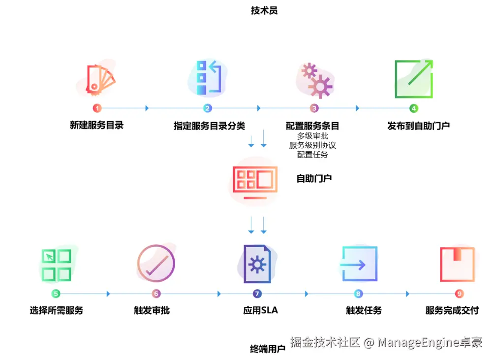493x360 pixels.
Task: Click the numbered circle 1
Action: tap(97, 108)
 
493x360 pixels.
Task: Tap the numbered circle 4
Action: tap(414, 108)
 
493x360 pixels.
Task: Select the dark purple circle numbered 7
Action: tap(257, 294)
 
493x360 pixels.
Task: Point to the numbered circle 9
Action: tap(460, 294)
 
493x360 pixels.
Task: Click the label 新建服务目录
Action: tap(97, 125)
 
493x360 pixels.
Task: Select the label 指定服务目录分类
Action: tap(209, 126)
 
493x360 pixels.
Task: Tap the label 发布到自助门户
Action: tap(418, 126)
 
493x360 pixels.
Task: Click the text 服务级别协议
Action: tap(312, 145)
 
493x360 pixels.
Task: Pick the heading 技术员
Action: tap(264, 10)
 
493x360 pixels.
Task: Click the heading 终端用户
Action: tap(268, 349)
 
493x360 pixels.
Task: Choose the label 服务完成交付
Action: tap(452, 310)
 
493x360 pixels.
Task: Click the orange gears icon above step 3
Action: tap(316, 80)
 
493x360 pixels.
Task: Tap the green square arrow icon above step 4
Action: tap(414, 79)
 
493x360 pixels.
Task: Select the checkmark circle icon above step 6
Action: tap(156, 263)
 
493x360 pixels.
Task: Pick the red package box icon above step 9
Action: tap(457, 264)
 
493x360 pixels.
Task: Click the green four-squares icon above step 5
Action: tap(56, 265)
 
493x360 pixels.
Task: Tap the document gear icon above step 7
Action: tap(257, 264)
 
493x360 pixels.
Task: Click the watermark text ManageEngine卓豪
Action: tap(430, 342)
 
